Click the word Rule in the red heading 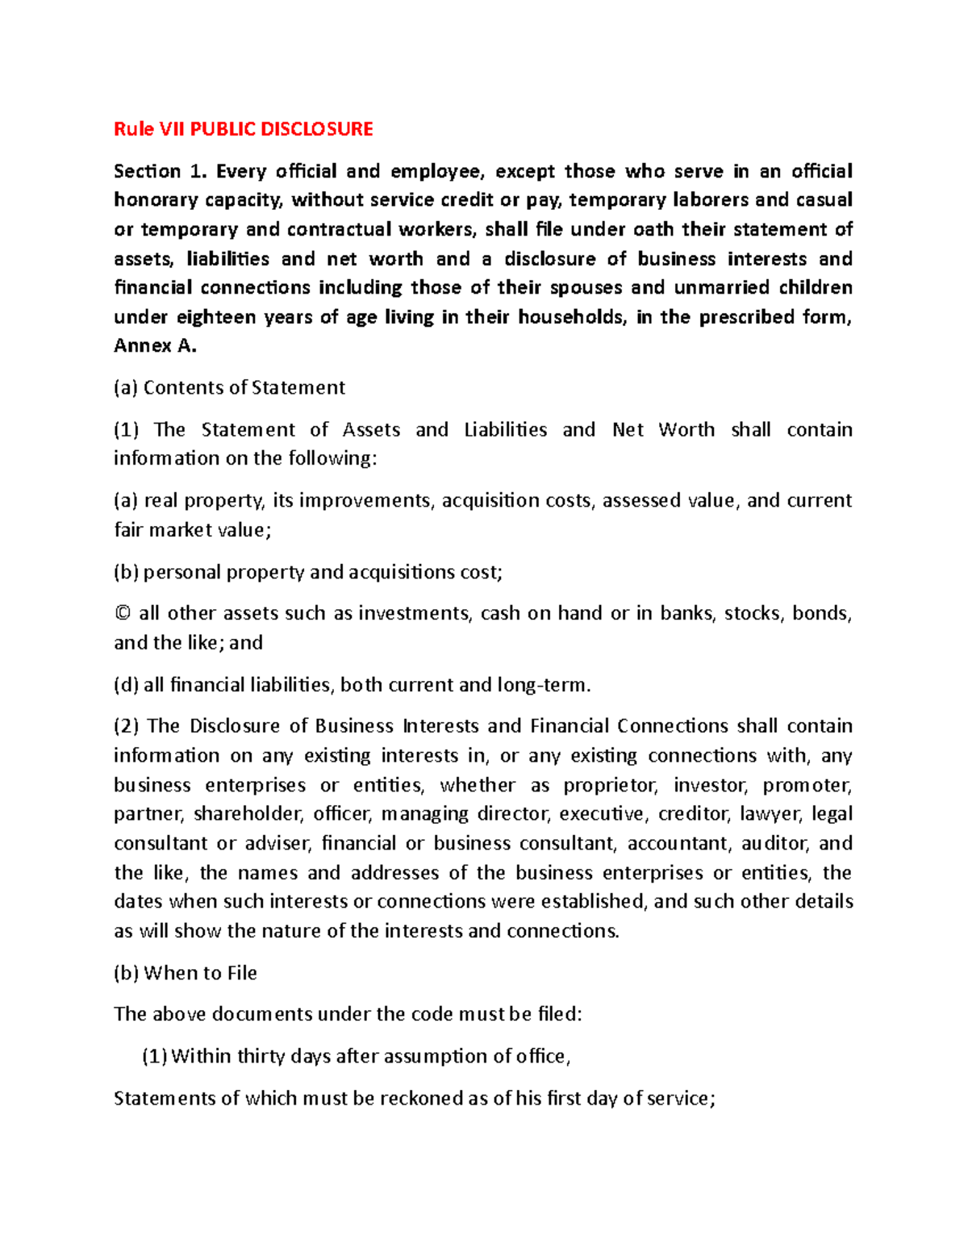134,129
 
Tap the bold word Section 147,171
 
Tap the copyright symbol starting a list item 122,614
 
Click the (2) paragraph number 127,726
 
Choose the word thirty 260,1057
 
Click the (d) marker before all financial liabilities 126,686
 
